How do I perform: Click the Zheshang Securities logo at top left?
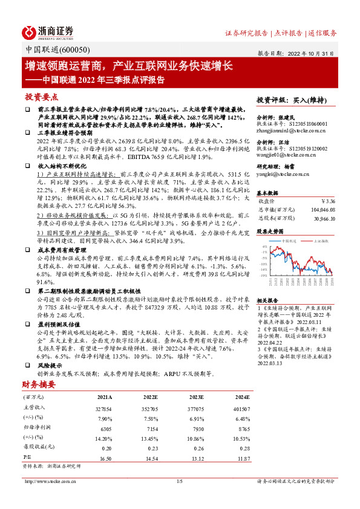[48, 32]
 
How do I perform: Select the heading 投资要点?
[42, 97]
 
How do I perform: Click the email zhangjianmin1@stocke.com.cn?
[292, 131]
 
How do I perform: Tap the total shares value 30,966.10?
[325, 217]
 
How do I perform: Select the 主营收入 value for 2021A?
[104, 409]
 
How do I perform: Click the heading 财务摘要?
[39, 384]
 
